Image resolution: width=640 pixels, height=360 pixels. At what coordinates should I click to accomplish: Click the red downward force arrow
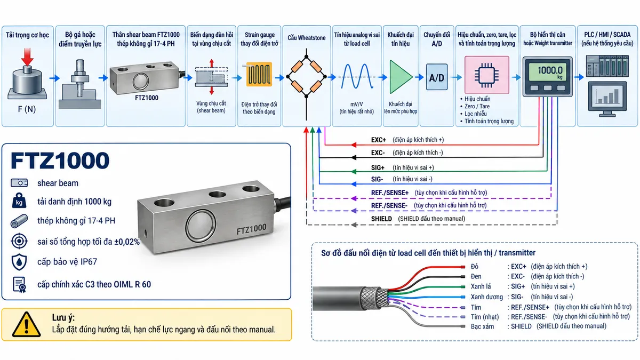27,57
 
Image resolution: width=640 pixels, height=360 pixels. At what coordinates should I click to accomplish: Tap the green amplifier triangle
400,77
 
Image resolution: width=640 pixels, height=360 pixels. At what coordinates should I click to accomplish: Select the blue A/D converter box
437,77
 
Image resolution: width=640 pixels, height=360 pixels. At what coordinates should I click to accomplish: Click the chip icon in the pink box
486,75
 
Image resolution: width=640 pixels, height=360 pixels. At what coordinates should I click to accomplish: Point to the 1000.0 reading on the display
550,70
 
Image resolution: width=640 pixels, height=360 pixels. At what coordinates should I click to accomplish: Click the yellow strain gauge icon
259,74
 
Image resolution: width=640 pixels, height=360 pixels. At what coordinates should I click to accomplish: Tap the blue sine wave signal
357,76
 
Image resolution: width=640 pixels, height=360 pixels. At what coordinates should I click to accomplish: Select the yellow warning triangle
26,324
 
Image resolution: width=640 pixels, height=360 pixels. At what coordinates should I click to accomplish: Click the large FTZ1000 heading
60,161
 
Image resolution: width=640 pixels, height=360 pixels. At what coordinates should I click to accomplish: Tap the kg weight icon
19,201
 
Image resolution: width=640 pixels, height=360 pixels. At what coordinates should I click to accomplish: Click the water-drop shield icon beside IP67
19,262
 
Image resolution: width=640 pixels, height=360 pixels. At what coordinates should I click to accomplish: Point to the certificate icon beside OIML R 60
19,285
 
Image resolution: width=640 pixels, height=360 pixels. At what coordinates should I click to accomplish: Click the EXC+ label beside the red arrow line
378,140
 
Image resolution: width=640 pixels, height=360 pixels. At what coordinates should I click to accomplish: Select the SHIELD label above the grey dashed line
381,219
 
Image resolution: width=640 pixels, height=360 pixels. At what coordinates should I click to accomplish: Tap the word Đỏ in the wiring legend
475,267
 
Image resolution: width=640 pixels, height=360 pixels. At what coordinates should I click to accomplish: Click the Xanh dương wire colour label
486,297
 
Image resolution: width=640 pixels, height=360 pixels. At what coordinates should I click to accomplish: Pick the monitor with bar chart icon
607,99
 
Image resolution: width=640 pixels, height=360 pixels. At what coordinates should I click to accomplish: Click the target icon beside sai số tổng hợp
19,241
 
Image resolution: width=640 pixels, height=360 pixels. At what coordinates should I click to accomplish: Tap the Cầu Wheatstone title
307,38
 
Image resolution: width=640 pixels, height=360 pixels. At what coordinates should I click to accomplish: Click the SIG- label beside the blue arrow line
377,179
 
